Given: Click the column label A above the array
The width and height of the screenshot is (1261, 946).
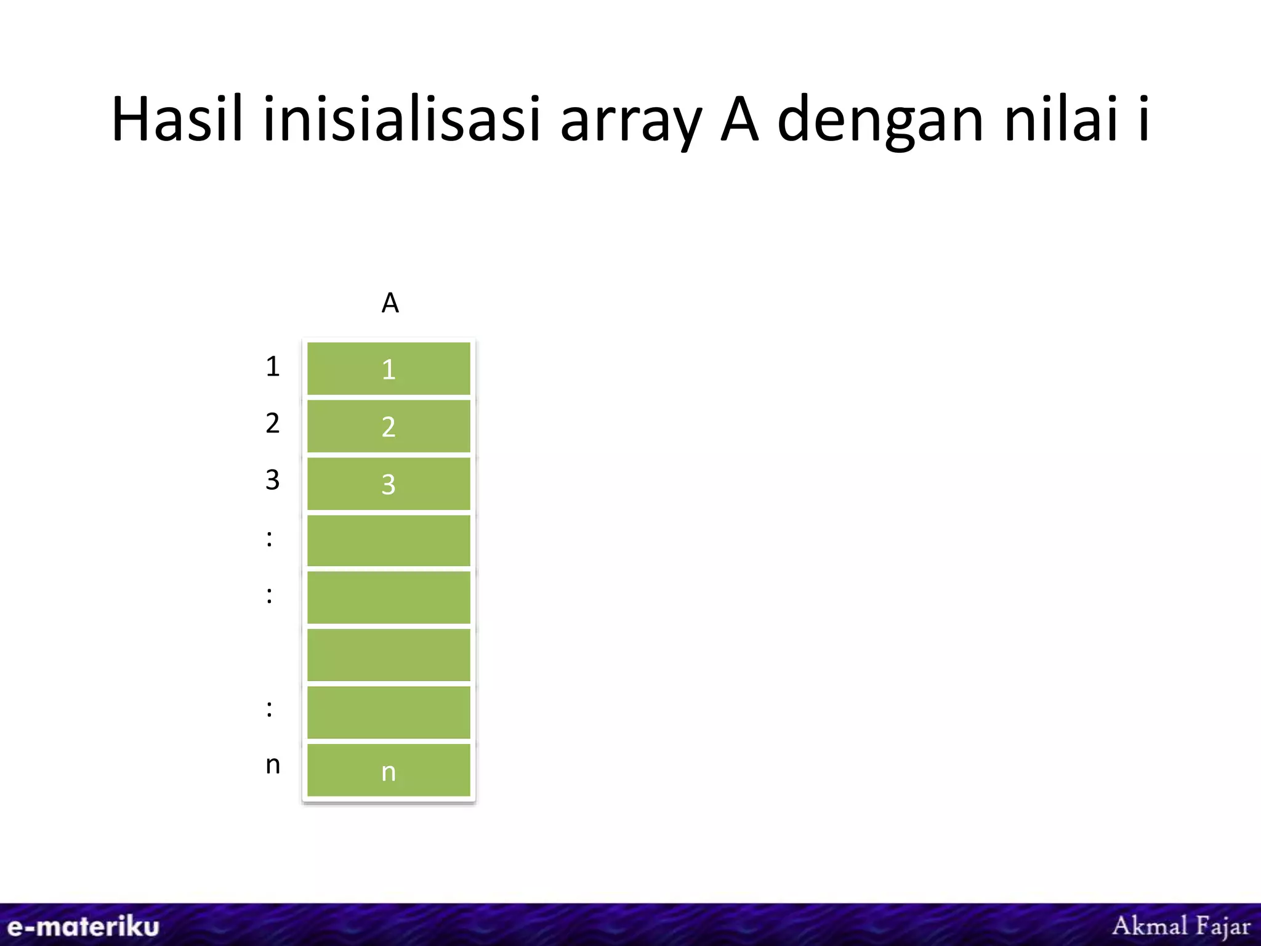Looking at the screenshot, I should (x=390, y=303).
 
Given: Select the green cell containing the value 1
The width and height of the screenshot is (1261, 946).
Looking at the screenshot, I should (x=389, y=368).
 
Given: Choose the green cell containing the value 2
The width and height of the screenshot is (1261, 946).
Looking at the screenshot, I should (x=389, y=426).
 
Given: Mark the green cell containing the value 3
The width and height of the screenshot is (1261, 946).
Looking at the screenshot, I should (x=389, y=483).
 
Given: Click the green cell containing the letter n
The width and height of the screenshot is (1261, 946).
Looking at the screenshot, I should (x=389, y=770).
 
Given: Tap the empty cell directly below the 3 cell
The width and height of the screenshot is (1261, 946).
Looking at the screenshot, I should (x=389, y=540).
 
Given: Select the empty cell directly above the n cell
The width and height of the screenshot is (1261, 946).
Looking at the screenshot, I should (x=389, y=713).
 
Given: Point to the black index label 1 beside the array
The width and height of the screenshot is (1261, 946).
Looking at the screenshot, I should (x=273, y=366).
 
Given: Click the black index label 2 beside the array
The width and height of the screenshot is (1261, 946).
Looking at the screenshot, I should (x=273, y=423).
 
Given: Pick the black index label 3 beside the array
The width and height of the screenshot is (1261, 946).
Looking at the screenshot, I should (x=273, y=480).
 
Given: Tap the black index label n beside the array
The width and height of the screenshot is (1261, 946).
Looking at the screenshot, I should (x=273, y=765).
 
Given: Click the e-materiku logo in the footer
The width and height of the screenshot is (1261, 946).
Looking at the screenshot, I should (x=83, y=927).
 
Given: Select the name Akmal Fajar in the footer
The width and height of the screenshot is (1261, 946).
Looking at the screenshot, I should (x=1181, y=926).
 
